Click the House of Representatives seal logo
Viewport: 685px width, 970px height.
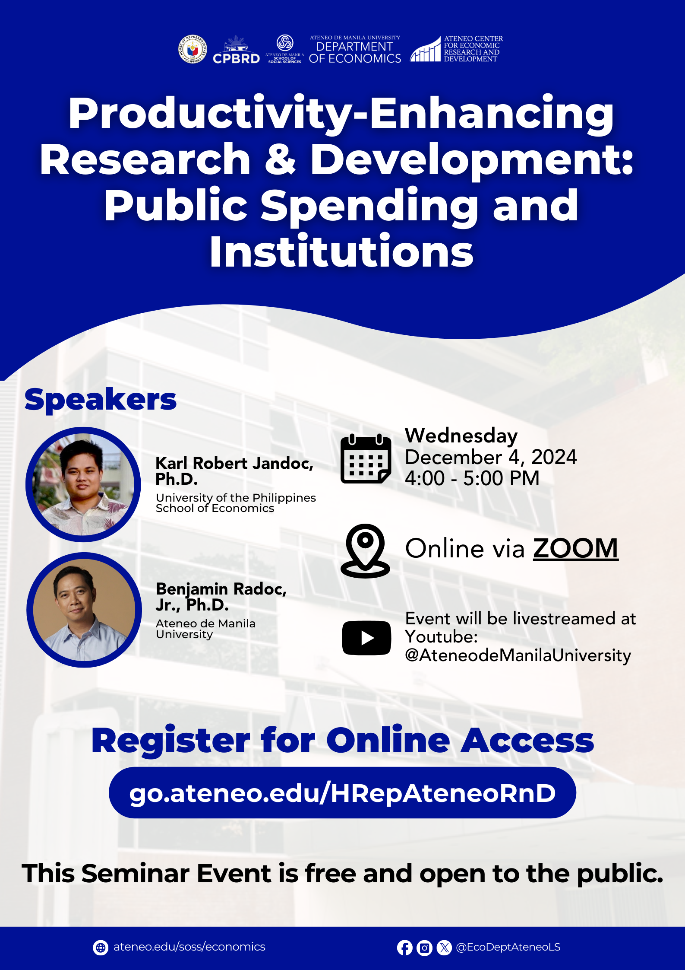tap(193, 49)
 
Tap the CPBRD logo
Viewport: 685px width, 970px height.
tap(236, 50)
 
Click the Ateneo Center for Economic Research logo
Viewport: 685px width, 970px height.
tap(457, 49)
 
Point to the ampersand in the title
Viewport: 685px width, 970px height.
tap(280, 159)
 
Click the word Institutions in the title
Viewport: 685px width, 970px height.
tap(342, 251)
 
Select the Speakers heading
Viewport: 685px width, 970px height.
tap(101, 400)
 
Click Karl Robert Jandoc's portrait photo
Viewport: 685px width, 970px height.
tap(83, 484)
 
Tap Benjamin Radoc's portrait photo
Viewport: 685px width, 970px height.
tap(84, 610)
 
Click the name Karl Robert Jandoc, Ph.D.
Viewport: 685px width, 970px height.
tap(234, 471)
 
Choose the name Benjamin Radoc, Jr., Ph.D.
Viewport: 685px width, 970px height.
tap(221, 597)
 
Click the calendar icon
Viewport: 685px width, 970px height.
tap(366, 458)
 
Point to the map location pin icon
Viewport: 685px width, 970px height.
tap(365, 551)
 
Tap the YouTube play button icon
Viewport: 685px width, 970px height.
tap(366, 638)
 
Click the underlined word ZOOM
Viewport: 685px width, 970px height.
tap(576, 548)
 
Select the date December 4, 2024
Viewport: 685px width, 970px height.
tap(491, 457)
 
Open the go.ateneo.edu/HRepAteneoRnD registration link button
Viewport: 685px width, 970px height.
tap(342, 793)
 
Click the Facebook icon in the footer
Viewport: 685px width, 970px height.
tap(404, 948)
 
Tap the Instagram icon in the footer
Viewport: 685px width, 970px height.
tap(424, 948)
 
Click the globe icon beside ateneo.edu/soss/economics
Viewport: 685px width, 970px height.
tap(101, 948)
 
